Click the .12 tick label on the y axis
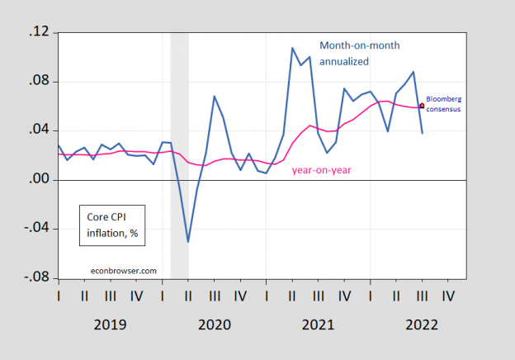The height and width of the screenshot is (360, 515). (40, 32)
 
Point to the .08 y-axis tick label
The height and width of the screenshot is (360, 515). (40, 82)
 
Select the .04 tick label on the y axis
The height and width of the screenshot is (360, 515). (40, 130)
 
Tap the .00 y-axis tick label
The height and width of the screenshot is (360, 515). (40, 179)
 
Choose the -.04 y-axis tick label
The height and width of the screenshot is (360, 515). (37, 229)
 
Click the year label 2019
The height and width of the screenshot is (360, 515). (110, 324)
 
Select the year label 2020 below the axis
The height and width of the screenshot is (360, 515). (215, 324)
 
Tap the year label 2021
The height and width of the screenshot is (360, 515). (318, 324)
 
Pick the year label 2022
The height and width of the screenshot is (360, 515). (421, 324)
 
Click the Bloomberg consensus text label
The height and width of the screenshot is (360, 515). (443, 103)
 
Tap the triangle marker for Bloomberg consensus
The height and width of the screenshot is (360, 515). (422, 105)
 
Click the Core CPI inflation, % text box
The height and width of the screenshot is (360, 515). (111, 224)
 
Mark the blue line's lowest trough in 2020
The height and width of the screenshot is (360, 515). (188, 242)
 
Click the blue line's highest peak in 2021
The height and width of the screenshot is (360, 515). (292, 48)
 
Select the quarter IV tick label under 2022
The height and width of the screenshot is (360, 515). (448, 294)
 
